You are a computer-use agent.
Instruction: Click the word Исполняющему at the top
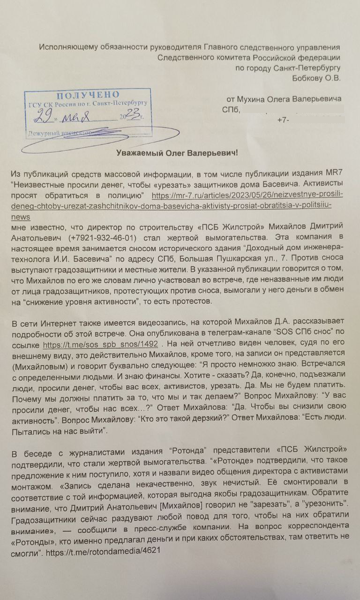tap(63, 47)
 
